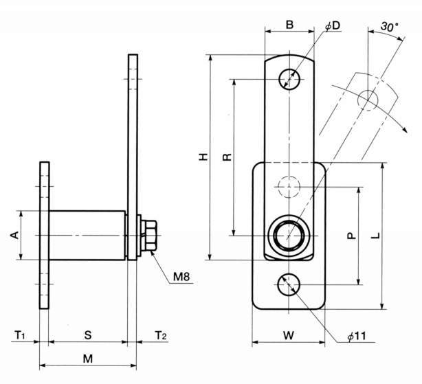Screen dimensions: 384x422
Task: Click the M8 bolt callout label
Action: (181, 278)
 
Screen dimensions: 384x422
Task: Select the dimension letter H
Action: (203, 157)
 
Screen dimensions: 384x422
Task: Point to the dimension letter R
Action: (227, 157)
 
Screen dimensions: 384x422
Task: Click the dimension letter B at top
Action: (289, 25)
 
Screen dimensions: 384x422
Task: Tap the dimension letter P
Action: (351, 235)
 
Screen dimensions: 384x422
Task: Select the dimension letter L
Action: (375, 236)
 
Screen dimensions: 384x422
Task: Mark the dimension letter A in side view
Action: (14, 236)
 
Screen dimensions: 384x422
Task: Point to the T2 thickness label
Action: (160, 335)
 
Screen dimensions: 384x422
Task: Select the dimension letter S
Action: (87, 335)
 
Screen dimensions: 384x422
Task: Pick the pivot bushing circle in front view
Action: (289, 234)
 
